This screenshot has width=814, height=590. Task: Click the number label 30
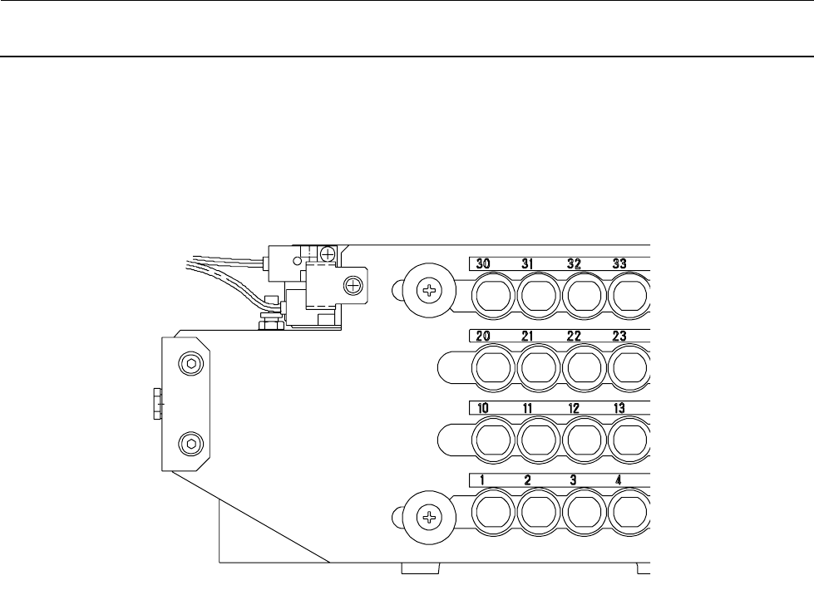click(x=483, y=263)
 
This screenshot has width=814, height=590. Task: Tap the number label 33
click(x=619, y=263)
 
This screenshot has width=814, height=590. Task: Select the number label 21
click(x=529, y=336)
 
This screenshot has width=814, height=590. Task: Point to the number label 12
click(x=574, y=408)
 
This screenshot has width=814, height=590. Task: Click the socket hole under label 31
click(x=540, y=294)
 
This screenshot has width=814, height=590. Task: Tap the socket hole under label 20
click(x=495, y=366)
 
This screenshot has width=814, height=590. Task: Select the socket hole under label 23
click(x=631, y=366)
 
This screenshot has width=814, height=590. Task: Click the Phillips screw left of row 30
click(x=430, y=291)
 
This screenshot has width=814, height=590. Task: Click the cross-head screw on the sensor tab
click(x=354, y=286)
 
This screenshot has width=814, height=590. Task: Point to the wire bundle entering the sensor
click(x=224, y=267)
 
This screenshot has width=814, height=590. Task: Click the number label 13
click(x=619, y=408)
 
